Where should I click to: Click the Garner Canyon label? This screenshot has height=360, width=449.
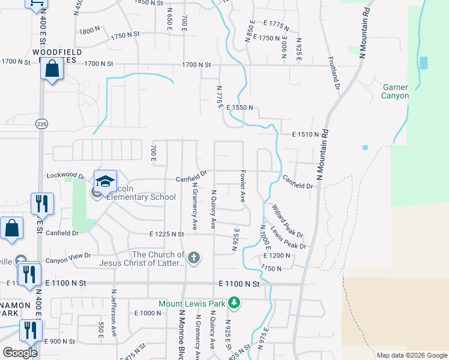396,91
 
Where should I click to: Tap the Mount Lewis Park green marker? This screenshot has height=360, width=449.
235,303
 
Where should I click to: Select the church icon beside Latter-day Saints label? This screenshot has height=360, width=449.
193,259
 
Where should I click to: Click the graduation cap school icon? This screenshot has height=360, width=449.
104,181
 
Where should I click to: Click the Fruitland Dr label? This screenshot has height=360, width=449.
334,74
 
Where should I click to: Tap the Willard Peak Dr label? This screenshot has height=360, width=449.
288,220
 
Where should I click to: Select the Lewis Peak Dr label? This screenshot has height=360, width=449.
288,238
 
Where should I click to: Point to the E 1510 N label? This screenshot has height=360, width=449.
305,135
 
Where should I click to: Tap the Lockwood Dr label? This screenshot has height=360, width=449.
65,177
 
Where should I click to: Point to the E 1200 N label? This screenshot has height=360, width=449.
277,256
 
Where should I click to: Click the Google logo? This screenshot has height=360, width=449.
20,353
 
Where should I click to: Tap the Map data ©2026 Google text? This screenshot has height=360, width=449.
411,355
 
